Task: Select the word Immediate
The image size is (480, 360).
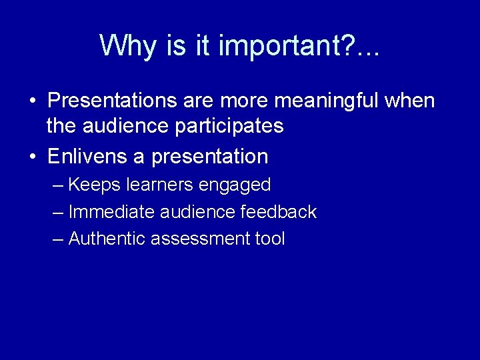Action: point(112,212)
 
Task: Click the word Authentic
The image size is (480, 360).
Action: point(107,239)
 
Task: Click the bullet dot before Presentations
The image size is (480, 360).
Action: point(32,102)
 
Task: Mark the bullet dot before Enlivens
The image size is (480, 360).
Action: point(32,157)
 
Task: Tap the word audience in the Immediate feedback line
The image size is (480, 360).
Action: point(198,212)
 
